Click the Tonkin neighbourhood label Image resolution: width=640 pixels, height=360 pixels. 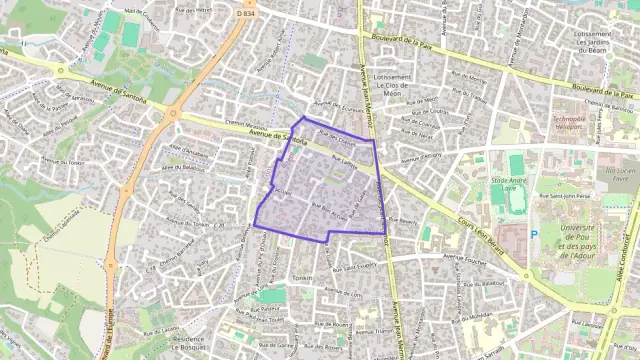tap(304, 277)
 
